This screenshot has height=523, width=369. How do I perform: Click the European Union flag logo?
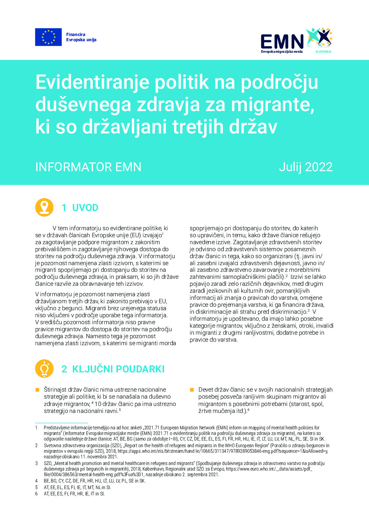click(x=48, y=37)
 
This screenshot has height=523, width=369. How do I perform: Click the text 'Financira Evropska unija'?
click(x=81, y=37)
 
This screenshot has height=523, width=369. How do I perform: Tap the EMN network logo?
click(x=296, y=40)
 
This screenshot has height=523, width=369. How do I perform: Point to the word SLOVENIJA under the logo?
click(x=323, y=52)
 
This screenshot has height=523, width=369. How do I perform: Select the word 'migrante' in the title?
click(x=272, y=104)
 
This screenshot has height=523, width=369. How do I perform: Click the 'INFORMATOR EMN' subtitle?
click(x=88, y=167)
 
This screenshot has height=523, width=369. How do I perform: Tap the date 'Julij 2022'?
click(x=306, y=167)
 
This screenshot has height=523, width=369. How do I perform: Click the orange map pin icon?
click(x=44, y=207)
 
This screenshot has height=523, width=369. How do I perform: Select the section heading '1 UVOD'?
click(x=80, y=208)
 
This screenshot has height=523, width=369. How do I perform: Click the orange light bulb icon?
click(x=44, y=369)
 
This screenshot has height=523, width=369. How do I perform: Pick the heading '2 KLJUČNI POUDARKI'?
click(x=113, y=369)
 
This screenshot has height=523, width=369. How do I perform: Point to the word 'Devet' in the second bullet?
click(x=206, y=390)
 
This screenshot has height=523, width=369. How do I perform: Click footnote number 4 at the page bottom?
click(x=36, y=481)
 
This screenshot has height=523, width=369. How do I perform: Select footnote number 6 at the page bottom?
click(x=36, y=494)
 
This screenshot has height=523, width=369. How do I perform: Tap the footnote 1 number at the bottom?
click(x=36, y=428)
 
